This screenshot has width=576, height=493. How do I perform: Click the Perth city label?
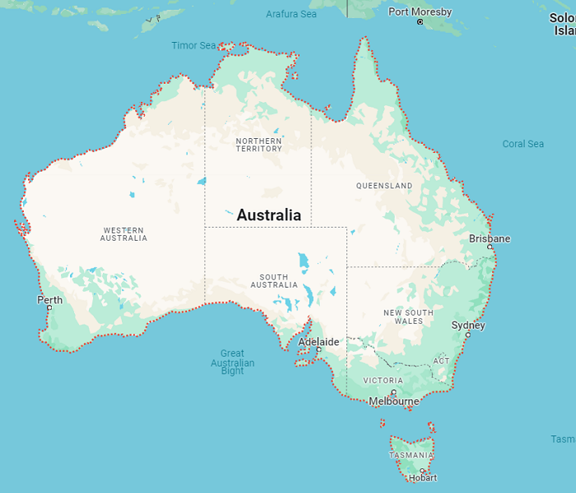tap(49, 300)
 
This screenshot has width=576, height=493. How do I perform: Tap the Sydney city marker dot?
tap(468, 334)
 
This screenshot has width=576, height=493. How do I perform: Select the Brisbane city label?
tap(490, 239)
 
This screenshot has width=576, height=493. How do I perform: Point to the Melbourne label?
tap(394, 402)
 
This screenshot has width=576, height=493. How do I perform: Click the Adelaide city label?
tap(318, 341)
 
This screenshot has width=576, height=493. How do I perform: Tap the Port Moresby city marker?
tap(420, 22)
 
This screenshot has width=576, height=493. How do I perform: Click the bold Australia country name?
tap(269, 215)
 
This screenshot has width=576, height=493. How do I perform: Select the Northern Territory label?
tap(258, 145)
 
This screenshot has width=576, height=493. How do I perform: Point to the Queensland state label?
tap(384, 186)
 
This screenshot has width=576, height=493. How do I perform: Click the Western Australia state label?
tap(123, 234)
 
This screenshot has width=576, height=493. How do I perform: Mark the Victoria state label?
tap(383, 380)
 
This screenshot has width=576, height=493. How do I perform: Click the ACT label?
tap(442, 361)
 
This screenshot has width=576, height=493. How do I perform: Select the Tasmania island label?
tap(411, 455)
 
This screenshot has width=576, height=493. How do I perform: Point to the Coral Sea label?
tap(523, 144)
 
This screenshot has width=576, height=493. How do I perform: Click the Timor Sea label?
tap(194, 45)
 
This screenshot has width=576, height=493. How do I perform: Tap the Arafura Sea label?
tap(291, 14)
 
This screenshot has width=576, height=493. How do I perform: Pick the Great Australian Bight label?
tap(233, 362)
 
